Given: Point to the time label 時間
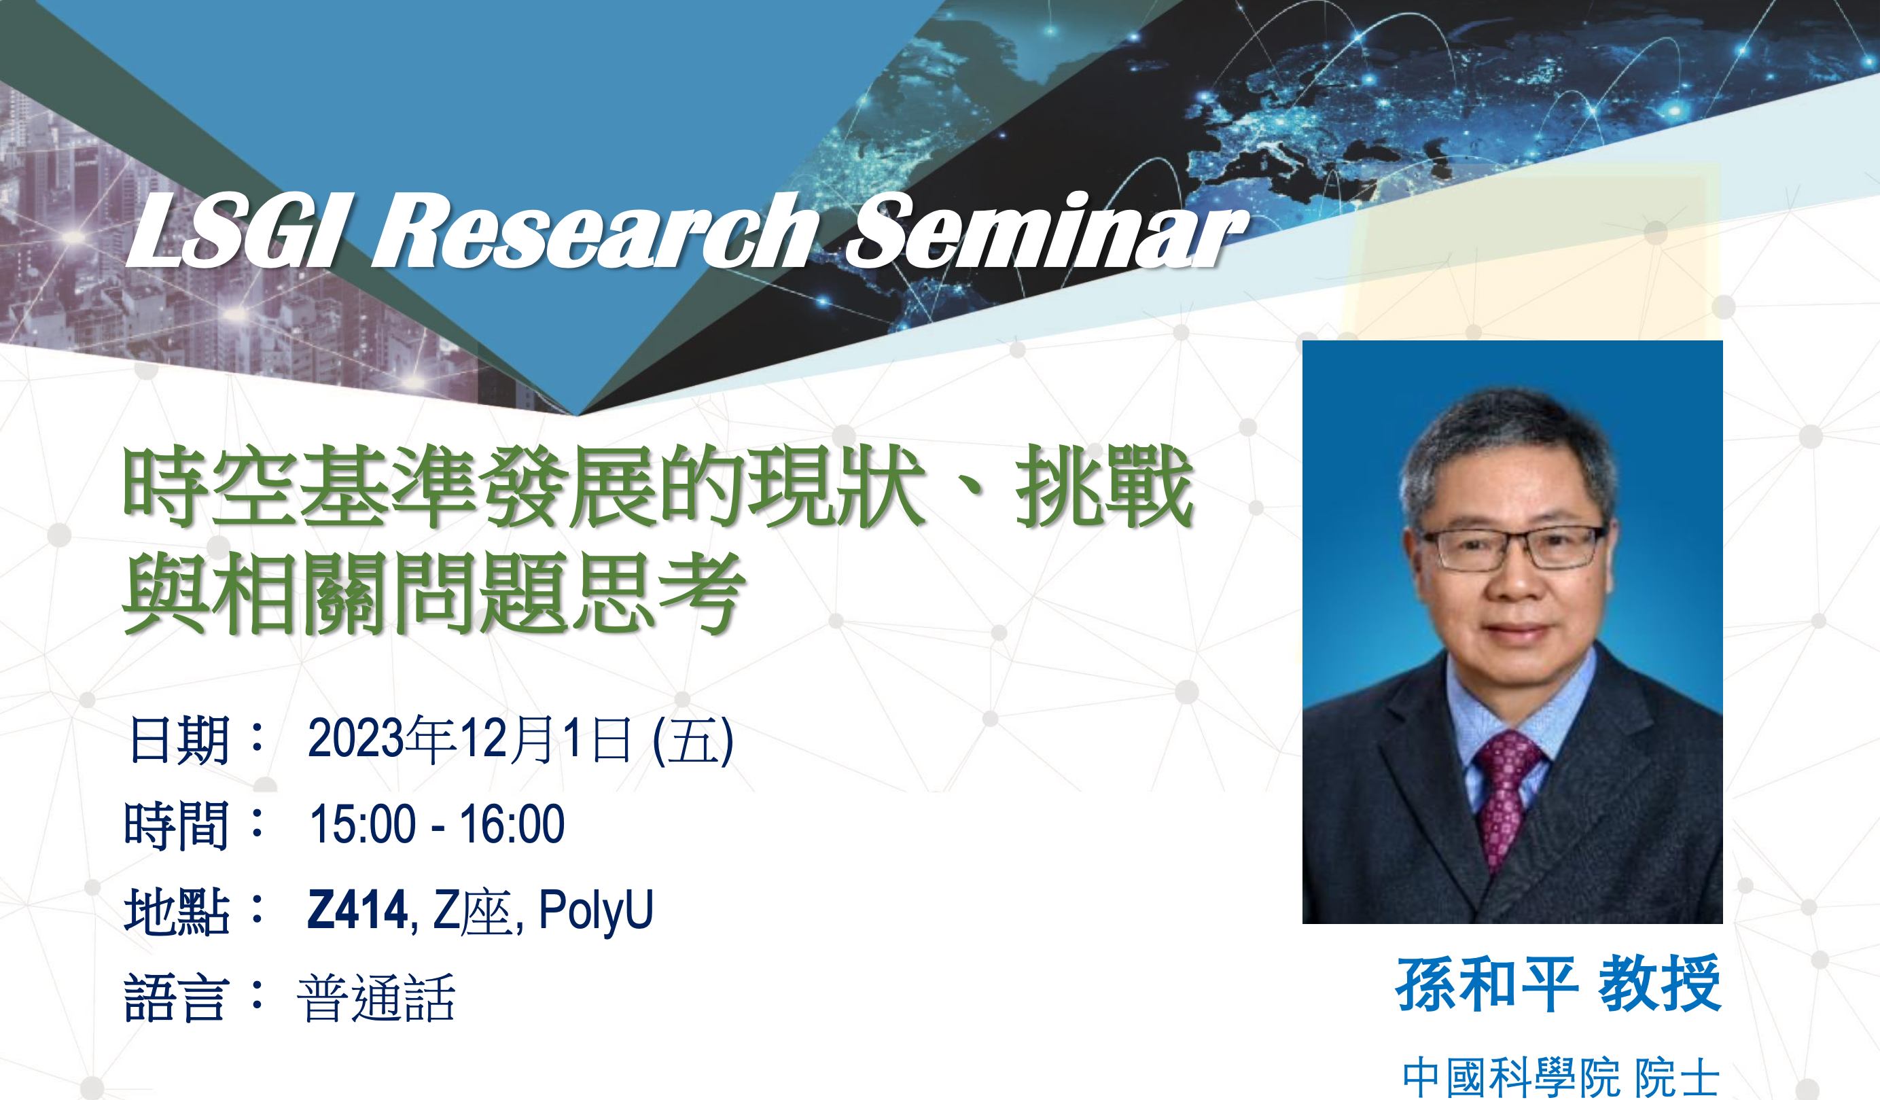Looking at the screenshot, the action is (x=177, y=826).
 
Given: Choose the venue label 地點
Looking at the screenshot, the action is (x=177, y=911).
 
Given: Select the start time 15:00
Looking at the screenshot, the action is (x=363, y=824).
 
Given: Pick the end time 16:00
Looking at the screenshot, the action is (x=512, y=824).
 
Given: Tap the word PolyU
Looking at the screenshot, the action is (x=595, y=911).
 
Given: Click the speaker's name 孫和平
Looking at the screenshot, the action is (x=1487, y=984).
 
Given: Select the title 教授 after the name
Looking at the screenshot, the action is (x=1660, y=984).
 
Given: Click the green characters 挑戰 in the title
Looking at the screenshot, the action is (x=1104, y=486).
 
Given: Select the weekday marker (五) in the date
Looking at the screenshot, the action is (x=693, y=741).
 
